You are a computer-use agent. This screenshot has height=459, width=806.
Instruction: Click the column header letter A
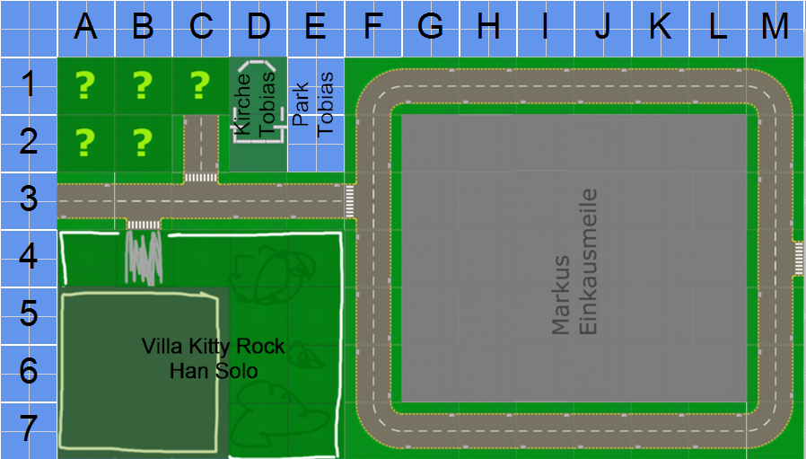pyautogui.click(x=85, y=27)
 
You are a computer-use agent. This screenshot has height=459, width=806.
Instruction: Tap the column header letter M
pyautogui.click(x=775, y=27)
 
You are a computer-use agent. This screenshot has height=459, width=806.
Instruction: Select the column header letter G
pyautogui.click(x=430, y=27)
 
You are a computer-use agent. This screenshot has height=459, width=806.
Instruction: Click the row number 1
pyautogui.click(x=29, y=85)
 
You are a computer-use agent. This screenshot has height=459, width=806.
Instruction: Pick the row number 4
pyautogui.click(x=29, y=258)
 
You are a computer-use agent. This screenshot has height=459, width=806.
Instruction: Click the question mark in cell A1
pyautogui.click(x=85, y=85)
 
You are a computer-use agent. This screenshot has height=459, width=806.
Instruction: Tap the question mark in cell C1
pyautogui.click(x=200, y=85)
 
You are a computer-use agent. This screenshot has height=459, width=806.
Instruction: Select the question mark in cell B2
pyautogui.click(x=143, y=142)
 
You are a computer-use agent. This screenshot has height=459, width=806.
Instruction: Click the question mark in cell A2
pyautogui.click(x=85, y=142)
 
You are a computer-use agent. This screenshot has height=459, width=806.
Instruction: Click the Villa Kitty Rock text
pyautogui.click(x=214, y=347)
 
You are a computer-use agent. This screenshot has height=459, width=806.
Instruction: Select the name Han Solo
pyautogui.click(x=214, y=370)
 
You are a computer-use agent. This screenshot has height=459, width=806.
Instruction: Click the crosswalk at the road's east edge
pyautogui.click(x=797, y=259)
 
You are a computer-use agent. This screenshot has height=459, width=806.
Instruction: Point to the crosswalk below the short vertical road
pyautogui.click(x=200, y=177)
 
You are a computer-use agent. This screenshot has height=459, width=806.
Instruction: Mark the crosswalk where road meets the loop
pyautogui.click(x=350, y=201)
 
